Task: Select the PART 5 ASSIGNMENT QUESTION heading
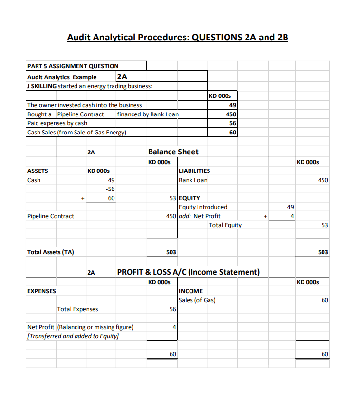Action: click(x=73, y=66)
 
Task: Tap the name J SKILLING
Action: click(x=42, y=86)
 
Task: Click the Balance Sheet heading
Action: click(x=173, y=152)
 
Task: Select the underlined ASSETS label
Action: click(x=38, y=171)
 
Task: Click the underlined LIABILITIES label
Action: click(x=195, y=171)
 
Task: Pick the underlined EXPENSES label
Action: click(x=41, y=291)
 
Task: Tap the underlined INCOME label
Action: click(x=191, y=291)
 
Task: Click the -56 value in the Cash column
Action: click(x=110, y=189)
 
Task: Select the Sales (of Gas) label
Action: click(x=197, y=300)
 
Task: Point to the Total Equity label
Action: click(x=225, y=225)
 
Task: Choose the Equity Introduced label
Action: click(x=203, y=207)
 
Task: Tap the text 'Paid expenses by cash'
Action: click(x=57, y=123)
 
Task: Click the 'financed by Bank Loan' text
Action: click(x=148, y=114)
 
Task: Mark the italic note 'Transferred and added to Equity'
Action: click(x=73, y=336)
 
